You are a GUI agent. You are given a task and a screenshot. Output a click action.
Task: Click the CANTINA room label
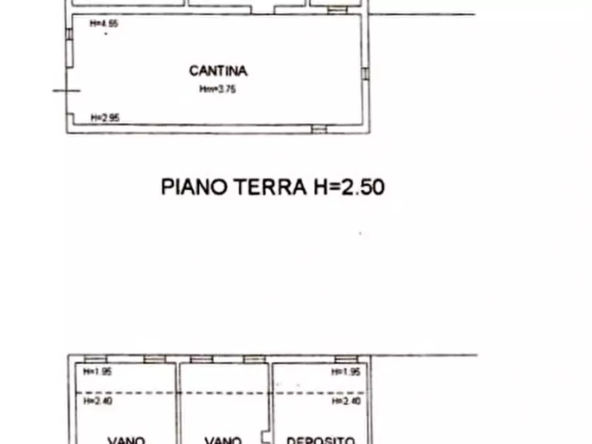click(218, 71)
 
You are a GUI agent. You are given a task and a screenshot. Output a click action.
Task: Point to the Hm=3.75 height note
click(217, 89)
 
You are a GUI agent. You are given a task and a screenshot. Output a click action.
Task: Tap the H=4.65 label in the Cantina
click(104, 24)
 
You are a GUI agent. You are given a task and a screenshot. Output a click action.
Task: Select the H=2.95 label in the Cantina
click(105, 118)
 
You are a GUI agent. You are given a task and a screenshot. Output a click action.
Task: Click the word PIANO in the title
click(194, 187)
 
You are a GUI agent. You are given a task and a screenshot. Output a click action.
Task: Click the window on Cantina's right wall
click(365, 73)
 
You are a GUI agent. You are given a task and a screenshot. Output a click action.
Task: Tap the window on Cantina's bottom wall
click(320, 129)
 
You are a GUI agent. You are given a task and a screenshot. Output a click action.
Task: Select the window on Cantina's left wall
click(69, 42)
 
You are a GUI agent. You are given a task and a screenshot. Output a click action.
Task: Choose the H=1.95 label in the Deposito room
click(346, 372)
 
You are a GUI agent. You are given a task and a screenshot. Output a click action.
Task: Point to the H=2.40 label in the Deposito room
click(346, 401)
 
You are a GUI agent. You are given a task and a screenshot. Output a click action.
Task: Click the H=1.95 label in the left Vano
click(97, 372)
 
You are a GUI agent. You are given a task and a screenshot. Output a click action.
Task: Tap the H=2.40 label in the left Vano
click(97, 401)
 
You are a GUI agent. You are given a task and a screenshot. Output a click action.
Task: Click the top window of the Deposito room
click(346, 359)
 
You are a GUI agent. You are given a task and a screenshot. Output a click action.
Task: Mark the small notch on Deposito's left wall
click(266, 437)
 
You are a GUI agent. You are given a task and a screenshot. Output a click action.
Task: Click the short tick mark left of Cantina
click(66, 91)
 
